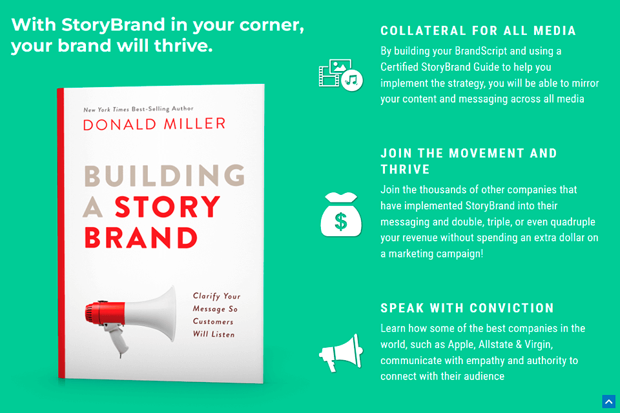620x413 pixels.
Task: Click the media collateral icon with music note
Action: click(340, 74)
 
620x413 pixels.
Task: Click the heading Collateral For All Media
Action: click(478, 31)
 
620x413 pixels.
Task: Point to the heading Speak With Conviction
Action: click(467, 308)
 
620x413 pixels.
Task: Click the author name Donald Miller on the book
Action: click(154, 123)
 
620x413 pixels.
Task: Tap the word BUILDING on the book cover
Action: click(164, 176)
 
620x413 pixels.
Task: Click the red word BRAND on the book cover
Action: click(140, 238)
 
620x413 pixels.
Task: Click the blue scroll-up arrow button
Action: click(608, 401)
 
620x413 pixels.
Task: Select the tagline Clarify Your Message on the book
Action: click(216, 315)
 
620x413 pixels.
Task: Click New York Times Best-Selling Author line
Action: click(138, 109)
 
